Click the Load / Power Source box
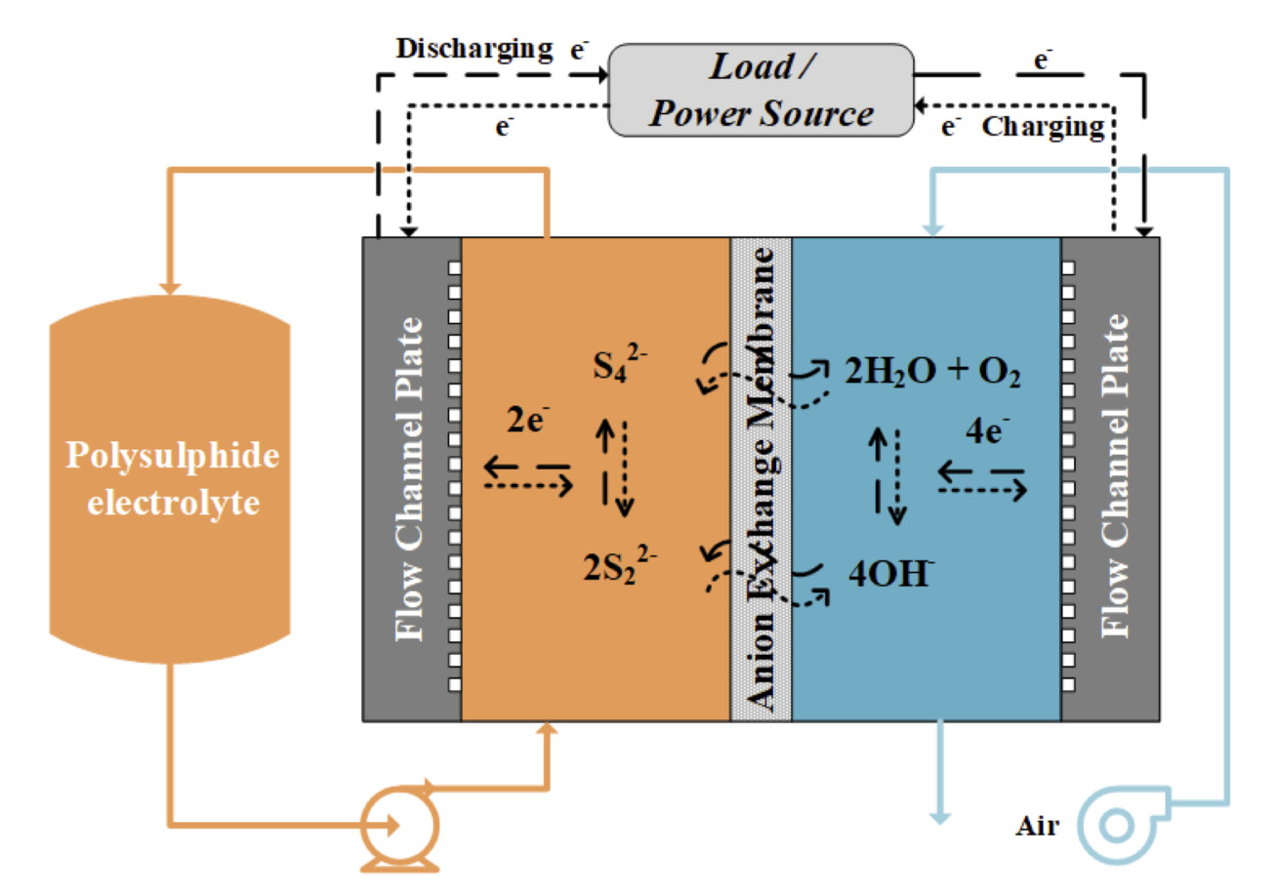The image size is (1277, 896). (761, 90)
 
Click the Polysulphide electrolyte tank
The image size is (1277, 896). (169, 478)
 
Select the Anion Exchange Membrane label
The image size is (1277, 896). (761, 478)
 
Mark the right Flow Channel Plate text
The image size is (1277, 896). (1113, 478)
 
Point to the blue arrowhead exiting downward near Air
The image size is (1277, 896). (940, 814)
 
